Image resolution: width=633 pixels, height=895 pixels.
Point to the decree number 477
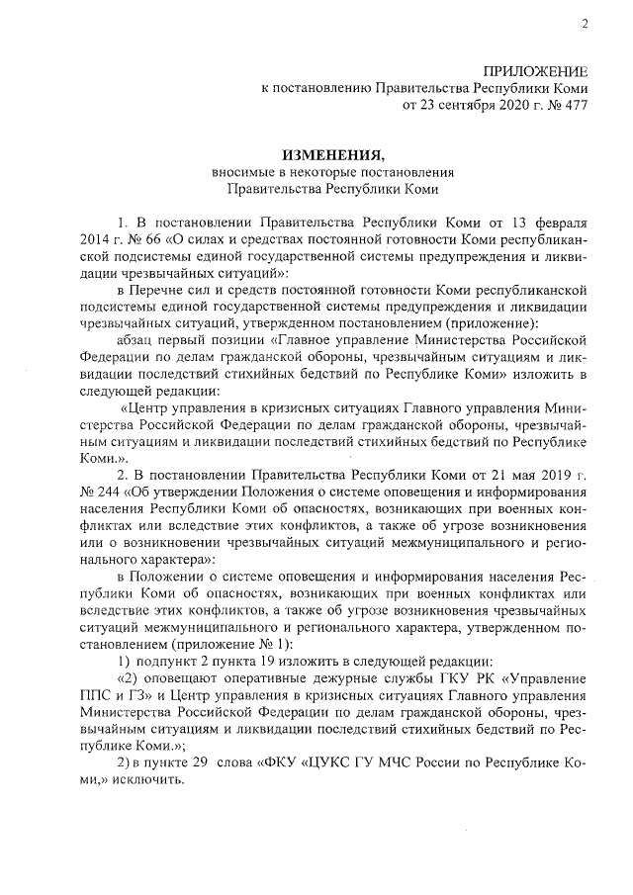tap(577, 105)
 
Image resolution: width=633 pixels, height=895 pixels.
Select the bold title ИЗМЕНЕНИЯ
tap(331, 155)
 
